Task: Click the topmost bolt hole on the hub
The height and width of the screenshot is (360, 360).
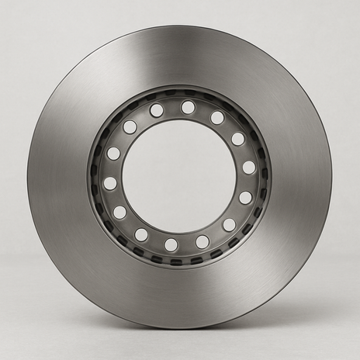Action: coord(188,107)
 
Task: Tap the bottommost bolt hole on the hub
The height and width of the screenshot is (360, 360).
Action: coord(171,245)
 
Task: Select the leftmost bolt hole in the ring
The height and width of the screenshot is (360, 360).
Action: coord(110,183)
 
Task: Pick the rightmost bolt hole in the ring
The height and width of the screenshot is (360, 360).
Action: coord(248,168)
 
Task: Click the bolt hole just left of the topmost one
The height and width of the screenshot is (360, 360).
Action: coord(157,110)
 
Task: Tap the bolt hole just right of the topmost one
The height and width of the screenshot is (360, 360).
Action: coord(217,118)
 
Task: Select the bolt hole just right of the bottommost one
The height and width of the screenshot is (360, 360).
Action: coord(202,242)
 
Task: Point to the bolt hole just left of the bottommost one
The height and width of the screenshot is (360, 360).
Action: coord(141,234)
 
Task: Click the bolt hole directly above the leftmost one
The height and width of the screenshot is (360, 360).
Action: coord(113,154)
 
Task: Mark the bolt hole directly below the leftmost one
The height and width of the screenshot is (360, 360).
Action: coord(119,212)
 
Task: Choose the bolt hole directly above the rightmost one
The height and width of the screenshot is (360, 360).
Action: coord(237,139)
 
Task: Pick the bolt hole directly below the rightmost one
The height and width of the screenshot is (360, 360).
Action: coord(245,198)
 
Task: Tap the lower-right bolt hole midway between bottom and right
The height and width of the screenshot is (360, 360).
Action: coord(229,224)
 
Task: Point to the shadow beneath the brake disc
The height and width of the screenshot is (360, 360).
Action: coord(180,335)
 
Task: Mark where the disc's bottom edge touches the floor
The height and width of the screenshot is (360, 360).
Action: coord(180,328)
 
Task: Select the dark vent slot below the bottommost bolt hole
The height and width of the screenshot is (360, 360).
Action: coord(175,261)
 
